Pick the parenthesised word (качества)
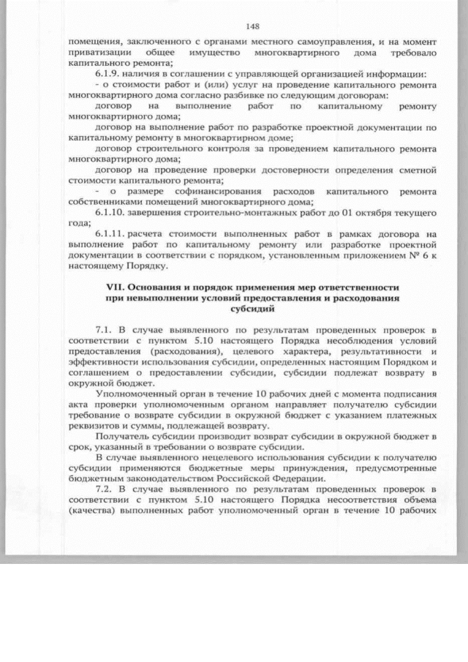pyautogui.click(x=91, y=511)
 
